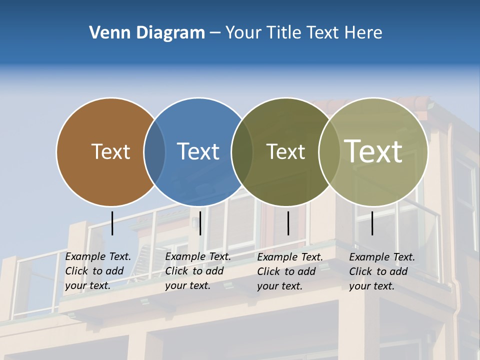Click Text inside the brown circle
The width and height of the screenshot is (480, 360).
(110, 151)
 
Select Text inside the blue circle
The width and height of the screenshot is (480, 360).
(198, 151)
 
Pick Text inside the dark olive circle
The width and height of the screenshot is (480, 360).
(285, 151)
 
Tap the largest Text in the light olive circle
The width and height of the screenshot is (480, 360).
(373, 151)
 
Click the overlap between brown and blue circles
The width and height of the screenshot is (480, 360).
(154, 152)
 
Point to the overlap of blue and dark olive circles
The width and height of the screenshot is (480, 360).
(242, 152)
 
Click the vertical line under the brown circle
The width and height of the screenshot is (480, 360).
(112, 223)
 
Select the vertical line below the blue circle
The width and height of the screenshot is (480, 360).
(200, 223)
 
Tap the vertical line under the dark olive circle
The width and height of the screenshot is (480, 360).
(288, 223)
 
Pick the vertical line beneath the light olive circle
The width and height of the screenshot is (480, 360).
(372, 223)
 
